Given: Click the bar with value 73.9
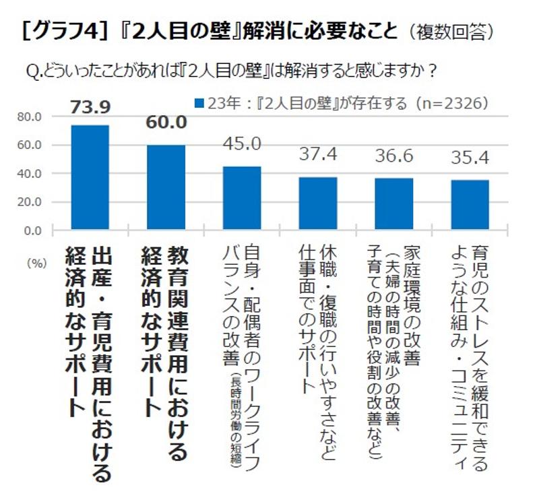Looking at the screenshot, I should (90, 178).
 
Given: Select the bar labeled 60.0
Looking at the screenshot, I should (166, 188).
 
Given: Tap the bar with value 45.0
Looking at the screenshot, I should (242, 199).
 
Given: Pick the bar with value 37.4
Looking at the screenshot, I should (318, 204).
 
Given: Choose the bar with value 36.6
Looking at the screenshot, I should (394, 205).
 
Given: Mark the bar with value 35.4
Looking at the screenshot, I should (470, 206).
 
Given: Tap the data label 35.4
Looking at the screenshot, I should (470, 159).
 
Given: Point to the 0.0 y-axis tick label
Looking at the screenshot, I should (33, 230).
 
